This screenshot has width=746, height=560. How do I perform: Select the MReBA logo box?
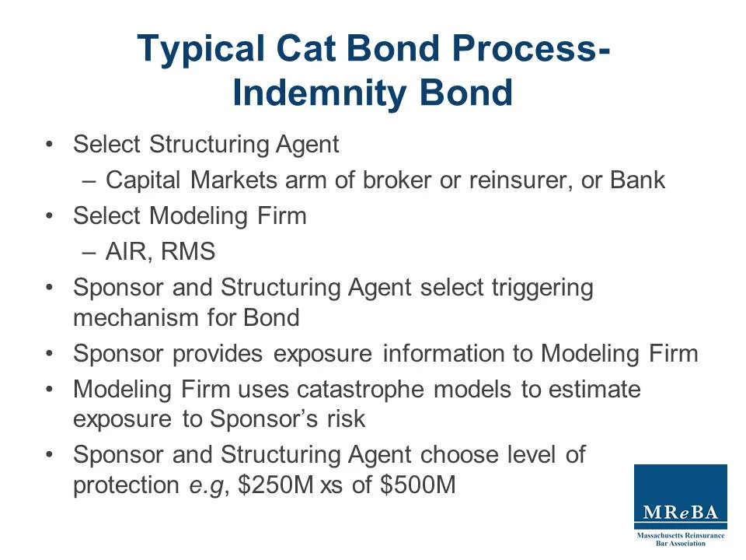680,496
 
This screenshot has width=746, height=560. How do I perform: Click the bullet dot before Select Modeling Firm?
50,216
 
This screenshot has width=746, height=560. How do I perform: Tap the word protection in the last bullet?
126,486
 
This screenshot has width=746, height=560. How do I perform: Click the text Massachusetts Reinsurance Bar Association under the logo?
680,539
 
